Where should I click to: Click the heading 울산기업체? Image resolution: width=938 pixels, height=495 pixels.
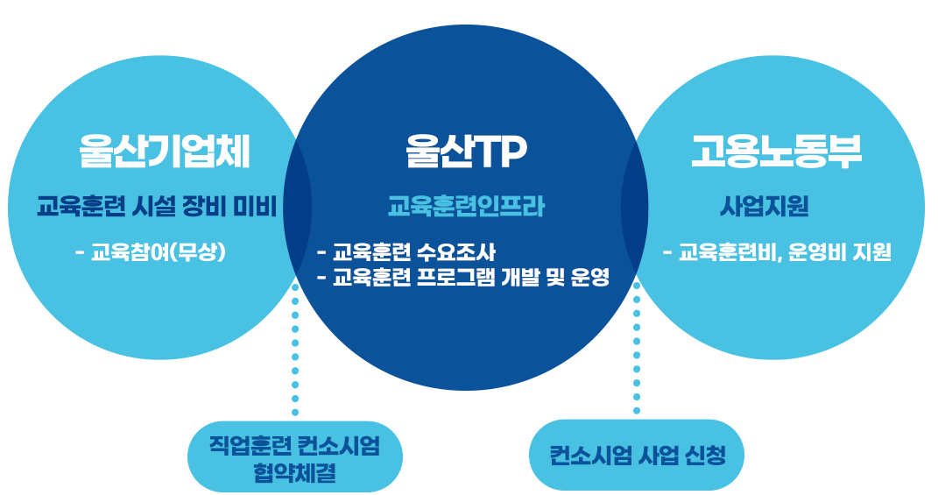coord(164,151)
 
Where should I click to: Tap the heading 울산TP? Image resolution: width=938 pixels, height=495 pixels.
coord(466,151)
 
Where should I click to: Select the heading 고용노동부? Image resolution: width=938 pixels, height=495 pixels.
coord(777,151)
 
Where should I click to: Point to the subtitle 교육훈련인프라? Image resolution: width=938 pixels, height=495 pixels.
coord(466,207)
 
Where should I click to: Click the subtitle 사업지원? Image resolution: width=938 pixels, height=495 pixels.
coord(764,207)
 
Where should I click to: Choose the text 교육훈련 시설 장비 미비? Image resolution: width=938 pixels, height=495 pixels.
coord(157,207)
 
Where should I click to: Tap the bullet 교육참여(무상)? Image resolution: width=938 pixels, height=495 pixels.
coord(151,252)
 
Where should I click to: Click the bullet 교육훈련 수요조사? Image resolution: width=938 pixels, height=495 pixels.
coord(406,252)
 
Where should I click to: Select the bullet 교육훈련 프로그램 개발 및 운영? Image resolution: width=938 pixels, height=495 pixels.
coord(463,277)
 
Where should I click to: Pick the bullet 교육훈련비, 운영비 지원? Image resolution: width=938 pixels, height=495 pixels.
coord(777,252)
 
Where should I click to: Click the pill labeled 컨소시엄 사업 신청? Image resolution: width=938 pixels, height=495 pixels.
coord(637,455)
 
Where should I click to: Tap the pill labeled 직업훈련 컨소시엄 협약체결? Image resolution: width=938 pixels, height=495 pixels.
coord(295,456)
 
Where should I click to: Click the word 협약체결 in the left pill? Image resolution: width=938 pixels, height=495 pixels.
coord(295,473)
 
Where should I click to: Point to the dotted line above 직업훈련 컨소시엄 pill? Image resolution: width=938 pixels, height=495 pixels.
coord(295,350)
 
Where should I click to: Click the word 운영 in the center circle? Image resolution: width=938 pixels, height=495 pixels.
coord(589,277)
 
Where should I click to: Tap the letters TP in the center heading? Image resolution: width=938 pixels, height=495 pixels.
coord(501,151)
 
